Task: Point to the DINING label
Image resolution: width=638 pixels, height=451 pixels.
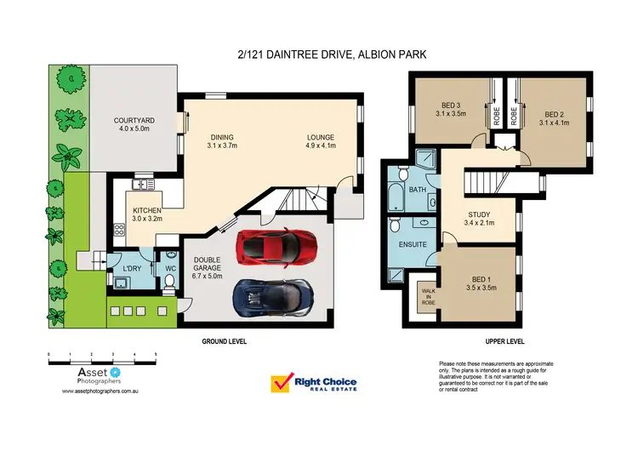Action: coord(222,141)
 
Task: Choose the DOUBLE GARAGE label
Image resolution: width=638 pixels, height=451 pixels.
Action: coord(208,269)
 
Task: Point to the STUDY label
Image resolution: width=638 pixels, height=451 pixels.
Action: coord(480,219)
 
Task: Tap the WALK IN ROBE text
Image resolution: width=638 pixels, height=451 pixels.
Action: coord(427,295)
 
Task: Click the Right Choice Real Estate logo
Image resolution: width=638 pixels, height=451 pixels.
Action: coord(314,385)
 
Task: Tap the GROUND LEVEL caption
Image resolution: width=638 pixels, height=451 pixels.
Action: coord(225,340)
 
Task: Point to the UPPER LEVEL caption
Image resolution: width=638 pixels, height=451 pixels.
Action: coord(504,340)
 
